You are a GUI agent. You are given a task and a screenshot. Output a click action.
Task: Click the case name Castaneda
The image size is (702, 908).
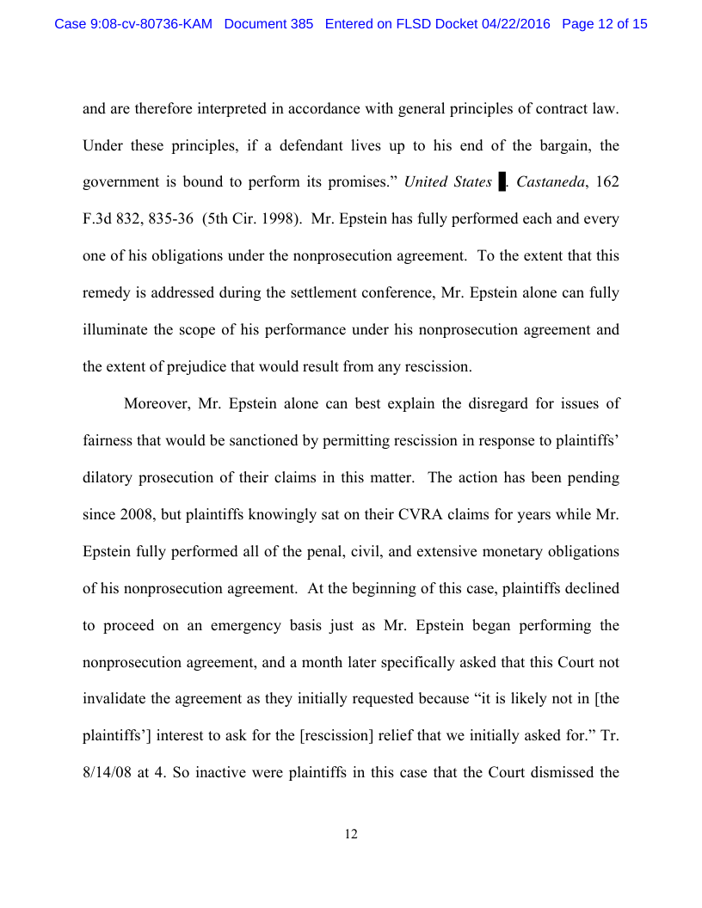click(x=547, y=182)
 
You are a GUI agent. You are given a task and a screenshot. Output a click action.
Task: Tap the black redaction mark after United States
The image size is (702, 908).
click(x=502, y=182)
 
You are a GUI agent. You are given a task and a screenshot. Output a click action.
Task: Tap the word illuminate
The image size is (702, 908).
click(x=118, y=330)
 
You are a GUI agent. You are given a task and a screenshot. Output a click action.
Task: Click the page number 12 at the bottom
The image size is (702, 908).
click(x=351, y=835)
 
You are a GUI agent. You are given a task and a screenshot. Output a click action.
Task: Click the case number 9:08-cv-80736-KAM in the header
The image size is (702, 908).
click(x=134, y=24)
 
